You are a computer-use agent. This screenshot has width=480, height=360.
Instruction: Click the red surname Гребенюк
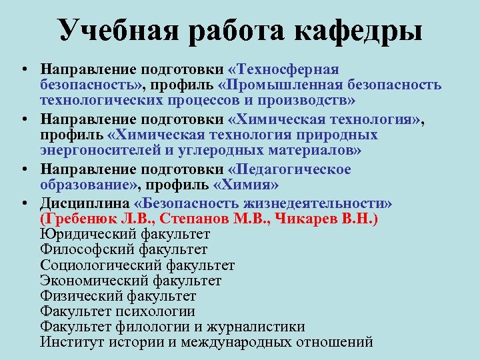tap(84, 218)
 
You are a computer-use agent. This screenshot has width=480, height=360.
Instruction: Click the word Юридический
tap(89, 234)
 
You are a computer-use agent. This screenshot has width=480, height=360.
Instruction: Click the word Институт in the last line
tap(68, 343)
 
